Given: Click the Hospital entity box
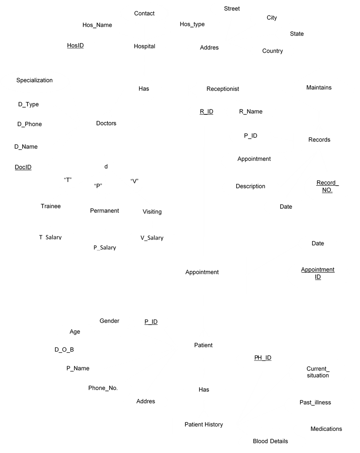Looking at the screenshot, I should [144, 47].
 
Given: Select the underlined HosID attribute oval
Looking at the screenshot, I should [75, 46].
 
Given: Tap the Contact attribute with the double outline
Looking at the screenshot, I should [144, 14].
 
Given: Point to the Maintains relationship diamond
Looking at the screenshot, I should [319, 88].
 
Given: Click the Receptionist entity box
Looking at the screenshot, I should [223, 90].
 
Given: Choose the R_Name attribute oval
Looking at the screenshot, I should [251, 112].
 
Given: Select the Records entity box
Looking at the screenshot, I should [319, 140].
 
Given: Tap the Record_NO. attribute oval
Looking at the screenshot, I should [327, 187].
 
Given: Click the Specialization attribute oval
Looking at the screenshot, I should [35, 81].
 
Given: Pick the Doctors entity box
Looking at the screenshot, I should [106, 124].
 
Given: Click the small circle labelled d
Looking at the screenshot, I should [106, 167].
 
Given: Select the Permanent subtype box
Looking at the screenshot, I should [105, 211].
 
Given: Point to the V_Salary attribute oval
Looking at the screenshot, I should [152, 238].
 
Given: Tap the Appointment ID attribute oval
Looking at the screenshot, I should [318, 273].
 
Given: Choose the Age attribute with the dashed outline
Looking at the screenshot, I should [75, 332].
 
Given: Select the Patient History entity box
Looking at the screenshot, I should [203, 425].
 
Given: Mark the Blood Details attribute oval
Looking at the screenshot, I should [270, 441].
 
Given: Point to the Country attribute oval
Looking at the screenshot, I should [273, 51].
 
